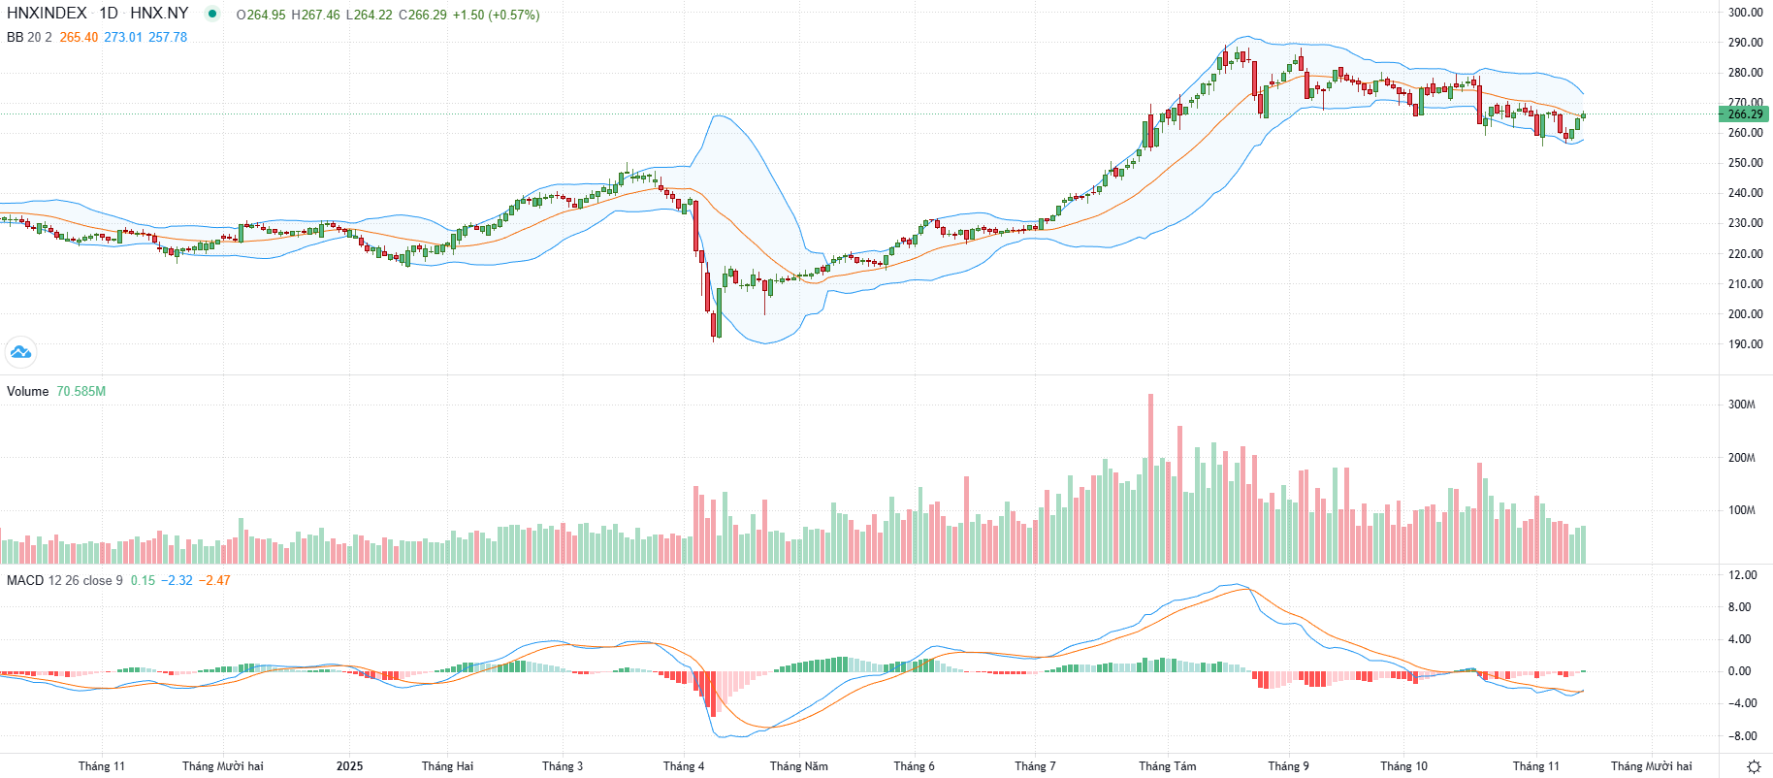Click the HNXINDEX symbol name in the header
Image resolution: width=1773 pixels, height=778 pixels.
[47, 14]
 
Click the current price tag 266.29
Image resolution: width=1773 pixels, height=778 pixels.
[1745, 114]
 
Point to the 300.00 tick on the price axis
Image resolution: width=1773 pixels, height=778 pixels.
[1745, 13]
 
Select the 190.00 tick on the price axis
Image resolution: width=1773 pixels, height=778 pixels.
[1745, 344]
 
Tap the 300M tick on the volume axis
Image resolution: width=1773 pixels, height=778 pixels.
[1741, 405]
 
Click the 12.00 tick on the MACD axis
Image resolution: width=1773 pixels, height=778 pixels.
[1743, 575]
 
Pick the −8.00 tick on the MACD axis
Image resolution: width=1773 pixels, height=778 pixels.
[1742, 736]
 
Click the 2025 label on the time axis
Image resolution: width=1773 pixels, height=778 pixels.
[349, 766]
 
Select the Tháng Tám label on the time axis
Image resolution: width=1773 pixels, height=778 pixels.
[1167, 766]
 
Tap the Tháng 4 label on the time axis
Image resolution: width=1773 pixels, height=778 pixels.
[684, 766]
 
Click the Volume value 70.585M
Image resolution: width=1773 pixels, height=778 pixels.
[81, 392]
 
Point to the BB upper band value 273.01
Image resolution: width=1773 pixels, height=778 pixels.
[123, 38]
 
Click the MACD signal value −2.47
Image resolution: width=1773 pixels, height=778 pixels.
[214, 581]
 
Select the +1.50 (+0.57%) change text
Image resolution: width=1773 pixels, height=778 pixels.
[496, 16]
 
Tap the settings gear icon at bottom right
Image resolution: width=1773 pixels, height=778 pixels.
[1754, 766]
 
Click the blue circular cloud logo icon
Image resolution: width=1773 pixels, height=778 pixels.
[19, 351]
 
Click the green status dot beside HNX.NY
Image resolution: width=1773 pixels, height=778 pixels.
[212, 14]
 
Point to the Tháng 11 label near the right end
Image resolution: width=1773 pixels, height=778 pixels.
[1535, 766]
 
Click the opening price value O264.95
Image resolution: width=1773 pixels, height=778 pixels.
[261, 16]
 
